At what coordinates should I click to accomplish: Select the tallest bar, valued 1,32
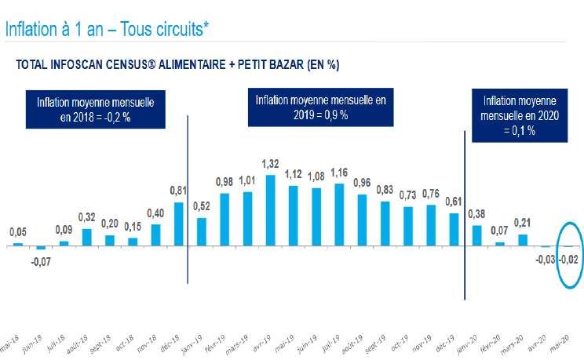[270, 209]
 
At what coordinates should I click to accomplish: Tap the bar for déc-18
[178, 224]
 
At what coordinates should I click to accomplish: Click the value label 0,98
[224, 181]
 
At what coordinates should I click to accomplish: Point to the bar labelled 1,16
[339, 214]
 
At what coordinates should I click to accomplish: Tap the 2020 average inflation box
[520, 115]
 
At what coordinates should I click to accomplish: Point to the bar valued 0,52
[201, 231]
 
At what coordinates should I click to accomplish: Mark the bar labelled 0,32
[86, 236]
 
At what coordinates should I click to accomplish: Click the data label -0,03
[546, 260]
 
